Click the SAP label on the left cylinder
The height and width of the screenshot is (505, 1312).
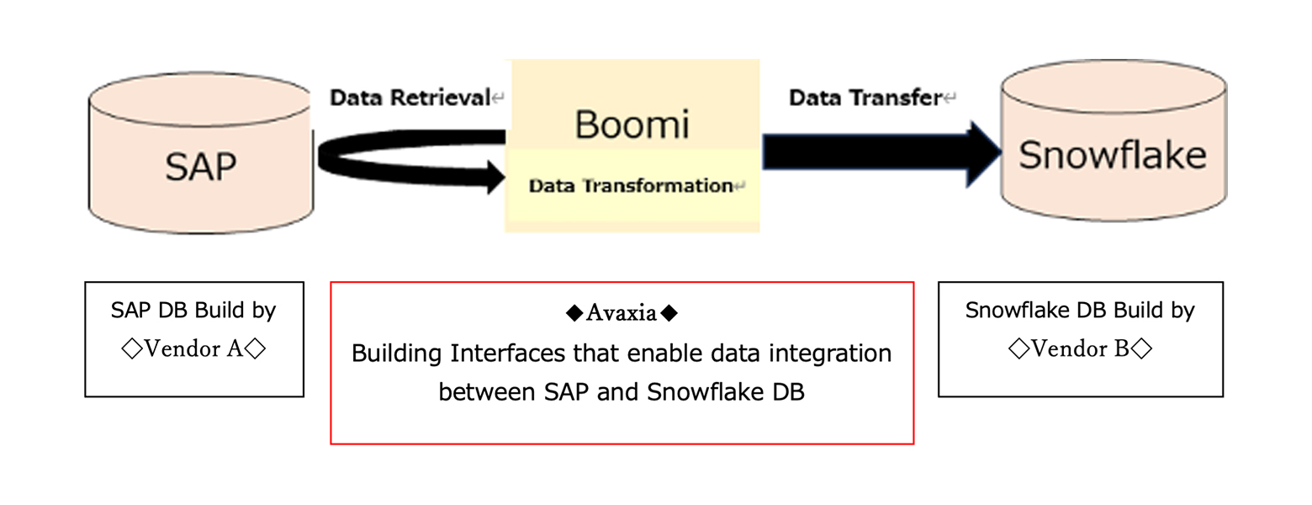pyautogui.click(x=201, y=167)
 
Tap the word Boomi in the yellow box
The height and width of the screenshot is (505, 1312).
pyautogui.click(x=632, y=125)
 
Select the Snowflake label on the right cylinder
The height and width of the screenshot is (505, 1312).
pyautogui.click(x=1113, y=155)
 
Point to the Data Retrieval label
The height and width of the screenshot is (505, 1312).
pyautogui.click(x=410, y=98)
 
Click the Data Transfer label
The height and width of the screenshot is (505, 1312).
pyautogui.click(x=865, y=98)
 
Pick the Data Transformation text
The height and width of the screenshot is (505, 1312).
pyautogui.click(x=631, y=186)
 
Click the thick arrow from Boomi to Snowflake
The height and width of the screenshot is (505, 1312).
pyautogui.click(x=881, y=153)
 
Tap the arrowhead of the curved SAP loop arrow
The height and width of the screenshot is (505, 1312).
pyautogui.click(x=496, y=176)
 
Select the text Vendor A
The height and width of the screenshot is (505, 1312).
pyautogui.click(x=193, y=348)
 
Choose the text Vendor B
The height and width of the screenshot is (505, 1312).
pyautogui.click(x=1080, y=348)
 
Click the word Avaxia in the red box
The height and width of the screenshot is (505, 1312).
pyautogui.click(x=622, y=313)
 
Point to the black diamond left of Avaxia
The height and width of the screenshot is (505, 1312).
pyautogui.click(x=574, y=313)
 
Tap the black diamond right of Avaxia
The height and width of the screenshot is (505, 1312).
pyautogui.click(x=669, y=313)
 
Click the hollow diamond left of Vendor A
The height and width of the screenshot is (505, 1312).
pyautogui.click(x=132, y=349)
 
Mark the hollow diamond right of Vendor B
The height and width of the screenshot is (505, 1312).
pyautogui.click(x=1141, y=349)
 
